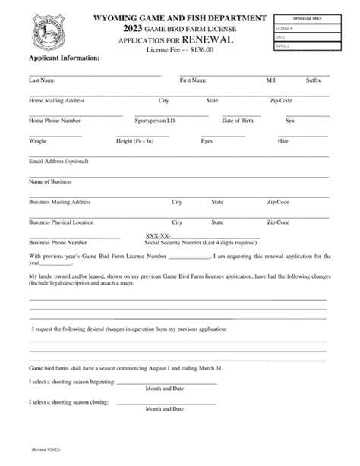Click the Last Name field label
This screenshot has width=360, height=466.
pyautogui.click(x=41, y=80)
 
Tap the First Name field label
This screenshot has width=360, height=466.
pyautogui.click(x=193, y=80)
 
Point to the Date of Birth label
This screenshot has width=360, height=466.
pyautogui.click(x=239, y=121)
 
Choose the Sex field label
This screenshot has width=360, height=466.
pyautogui.click(x=289, y=121)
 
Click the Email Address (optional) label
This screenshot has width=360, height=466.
pyautogui.click(x=58, y=162)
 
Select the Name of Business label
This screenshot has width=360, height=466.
pyautogui.click(x=50, y=182)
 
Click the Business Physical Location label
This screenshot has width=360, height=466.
pyautogui.click(x=62, y=222)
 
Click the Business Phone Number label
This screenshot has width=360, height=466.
pyautogui.click(x=58, y=243)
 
